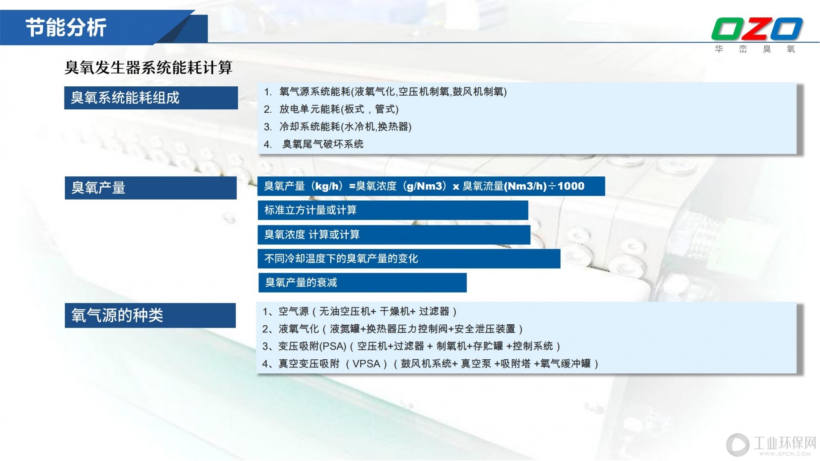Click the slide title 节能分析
tap(66, 28)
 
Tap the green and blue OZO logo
tap(757, 29)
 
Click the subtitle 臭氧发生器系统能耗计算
tap(148, 68)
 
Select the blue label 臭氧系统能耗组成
tap(151, 98)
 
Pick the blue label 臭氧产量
tap(151, 188)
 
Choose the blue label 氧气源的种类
tap(150, 315)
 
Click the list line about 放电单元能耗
tap(331, 109)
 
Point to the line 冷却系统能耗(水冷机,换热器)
tap(337, 127)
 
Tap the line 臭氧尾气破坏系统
tap(314, 144)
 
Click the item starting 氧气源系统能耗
tap(385, 92)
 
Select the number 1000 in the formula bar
tap(571, 186)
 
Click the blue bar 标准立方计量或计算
tap(393, 210)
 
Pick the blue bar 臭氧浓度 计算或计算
tap(394, 235)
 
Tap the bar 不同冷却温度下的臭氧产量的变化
tap(409, 258)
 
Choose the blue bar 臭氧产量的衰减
tap(362, 282)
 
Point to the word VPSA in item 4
tap(366, 364)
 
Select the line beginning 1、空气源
tap(360, 311)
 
